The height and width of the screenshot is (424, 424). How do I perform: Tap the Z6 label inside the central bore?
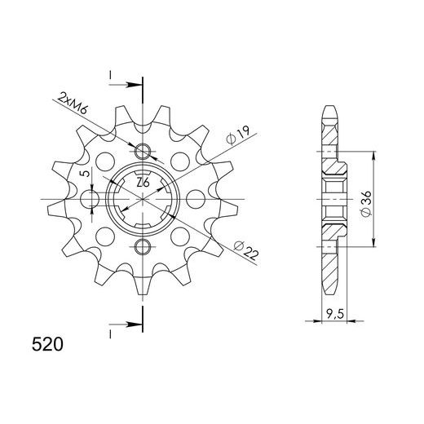point(143,182)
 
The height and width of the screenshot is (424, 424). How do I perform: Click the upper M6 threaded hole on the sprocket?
point(143,151)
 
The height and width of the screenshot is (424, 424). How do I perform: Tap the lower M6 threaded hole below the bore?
point(143,246)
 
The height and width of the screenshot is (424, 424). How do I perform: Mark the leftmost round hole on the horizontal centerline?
point(95,199)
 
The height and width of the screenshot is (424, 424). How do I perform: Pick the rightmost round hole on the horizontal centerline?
point(193,199)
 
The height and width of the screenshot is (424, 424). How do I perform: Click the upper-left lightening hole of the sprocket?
point(105,161)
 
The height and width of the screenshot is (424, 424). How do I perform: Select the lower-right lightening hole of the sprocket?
point(181,237)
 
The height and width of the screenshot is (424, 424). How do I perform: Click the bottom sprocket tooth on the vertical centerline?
point(144,287)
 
